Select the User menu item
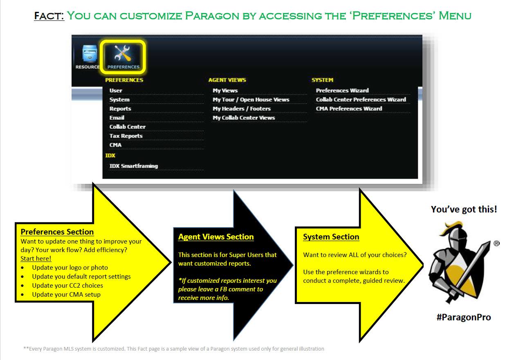click(x=116, y=90)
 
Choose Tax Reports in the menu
click(x=126, y=136)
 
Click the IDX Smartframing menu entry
click(x=133, y=166)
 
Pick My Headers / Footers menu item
click(x=242, y=109)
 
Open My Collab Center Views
click(x=244, y=118)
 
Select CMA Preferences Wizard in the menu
click(x=349, y=109)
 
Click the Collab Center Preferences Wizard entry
click(x=361, y=100)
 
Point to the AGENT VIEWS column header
click(x=227, y=80)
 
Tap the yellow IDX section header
click(x=110, y=156)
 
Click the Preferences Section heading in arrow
click(x=57, y=232)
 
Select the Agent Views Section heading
click(x=216, y=237)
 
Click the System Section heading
click(x=331, y=237)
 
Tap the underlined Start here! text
click(x=36, y=259)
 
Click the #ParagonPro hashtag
click(x=464, y=317)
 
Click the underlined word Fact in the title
click(x=49, y=16)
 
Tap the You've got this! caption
click(x=464, y=210)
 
